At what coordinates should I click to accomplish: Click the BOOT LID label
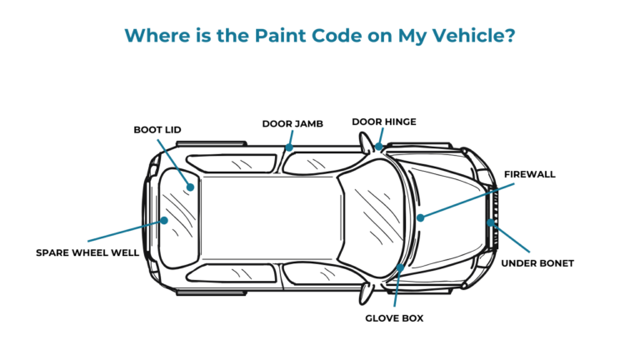click(x=157, y=130)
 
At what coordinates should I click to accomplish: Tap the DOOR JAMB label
click(x=292, y=123)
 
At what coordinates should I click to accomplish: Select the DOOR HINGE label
click(x=383, y=122)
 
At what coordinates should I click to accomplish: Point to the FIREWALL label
click(x=529, y=174)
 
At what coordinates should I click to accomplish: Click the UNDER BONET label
click(x=537, y=263)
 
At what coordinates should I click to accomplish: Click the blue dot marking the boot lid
click(x=191, y=187)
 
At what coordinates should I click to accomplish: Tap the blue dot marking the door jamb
click(x=287, y=148)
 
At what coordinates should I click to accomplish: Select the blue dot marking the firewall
click(x=421, y=217)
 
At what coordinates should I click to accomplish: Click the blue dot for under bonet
click(x=491, y=222)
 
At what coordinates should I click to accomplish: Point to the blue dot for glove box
click(x=401, y=267)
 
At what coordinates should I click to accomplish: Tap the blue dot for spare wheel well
click(x=164, y=221)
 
